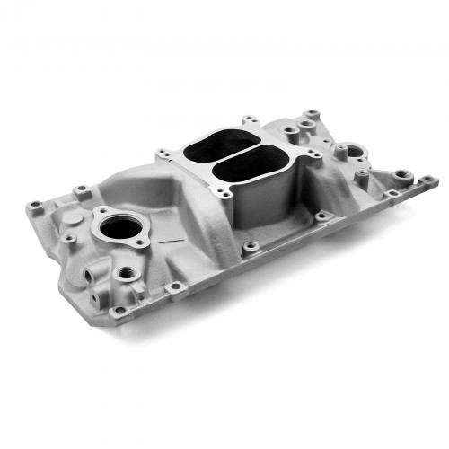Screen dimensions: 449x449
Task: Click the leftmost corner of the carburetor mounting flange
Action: point(162,154)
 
